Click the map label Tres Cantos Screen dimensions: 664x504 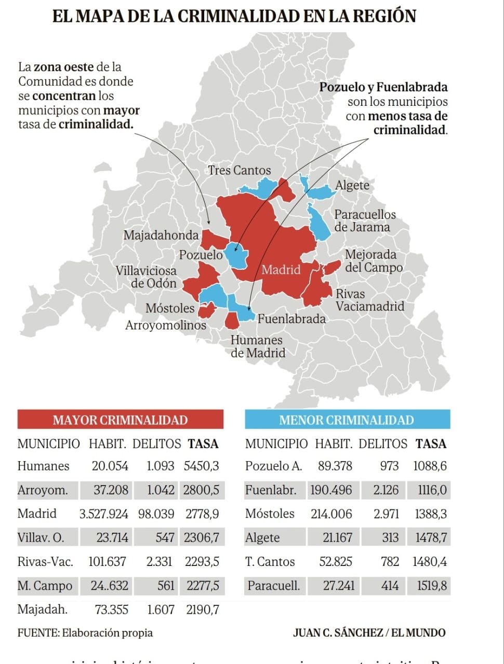tap(239, 170)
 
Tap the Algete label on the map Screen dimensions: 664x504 tap(352, 185)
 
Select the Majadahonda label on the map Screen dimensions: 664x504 tap(161, 235)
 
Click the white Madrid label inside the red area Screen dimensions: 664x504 tap(281, 270)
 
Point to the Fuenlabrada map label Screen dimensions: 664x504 tap(291, 319)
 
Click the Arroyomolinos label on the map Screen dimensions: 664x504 tap(165, 325)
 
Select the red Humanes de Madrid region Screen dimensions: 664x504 tap(232, 320)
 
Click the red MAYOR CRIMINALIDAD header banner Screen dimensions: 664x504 tap(120, 420)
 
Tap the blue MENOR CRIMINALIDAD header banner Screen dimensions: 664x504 tap(347, 420)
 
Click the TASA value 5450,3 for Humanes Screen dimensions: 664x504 tap(201, 466)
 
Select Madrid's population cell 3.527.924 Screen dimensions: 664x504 tap(103, 514)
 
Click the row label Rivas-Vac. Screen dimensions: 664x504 tap(45, 562)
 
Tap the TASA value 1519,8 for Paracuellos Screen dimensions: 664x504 tap(431, 586)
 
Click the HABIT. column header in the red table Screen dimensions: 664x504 tap(107, 444)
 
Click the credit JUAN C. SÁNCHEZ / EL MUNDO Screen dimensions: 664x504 tap(369, 633)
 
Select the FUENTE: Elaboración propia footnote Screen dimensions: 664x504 tap(85, 633)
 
